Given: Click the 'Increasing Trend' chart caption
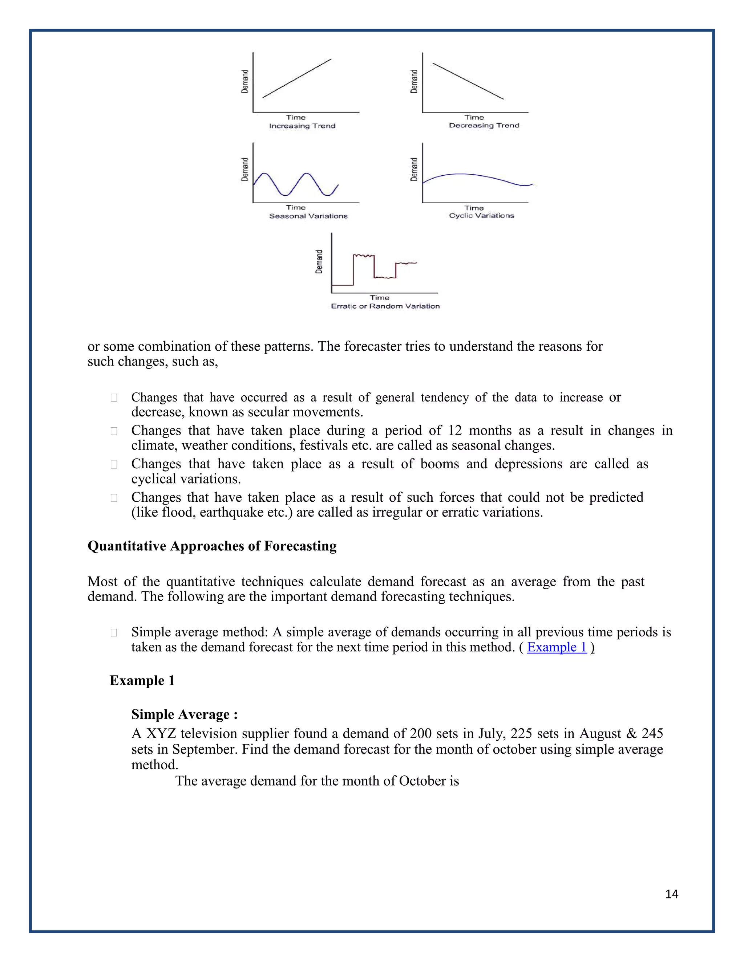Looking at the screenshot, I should [302, 126].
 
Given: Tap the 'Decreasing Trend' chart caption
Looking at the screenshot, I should [484, 126].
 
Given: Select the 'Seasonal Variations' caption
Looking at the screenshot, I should [308, 216].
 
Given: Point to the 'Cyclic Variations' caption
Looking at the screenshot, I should [481, 215].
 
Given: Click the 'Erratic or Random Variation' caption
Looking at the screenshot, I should [385, 306].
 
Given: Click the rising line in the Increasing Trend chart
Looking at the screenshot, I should [297, 78].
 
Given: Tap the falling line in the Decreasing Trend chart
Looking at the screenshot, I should [468, 81].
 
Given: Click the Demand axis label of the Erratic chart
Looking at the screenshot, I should [319, 262].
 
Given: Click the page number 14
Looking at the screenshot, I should [672, 894].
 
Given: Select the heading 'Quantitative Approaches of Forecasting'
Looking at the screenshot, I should [212, 546].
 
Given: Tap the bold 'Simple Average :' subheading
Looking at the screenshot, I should [184, 714].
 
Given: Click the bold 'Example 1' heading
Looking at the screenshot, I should [142, 681].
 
